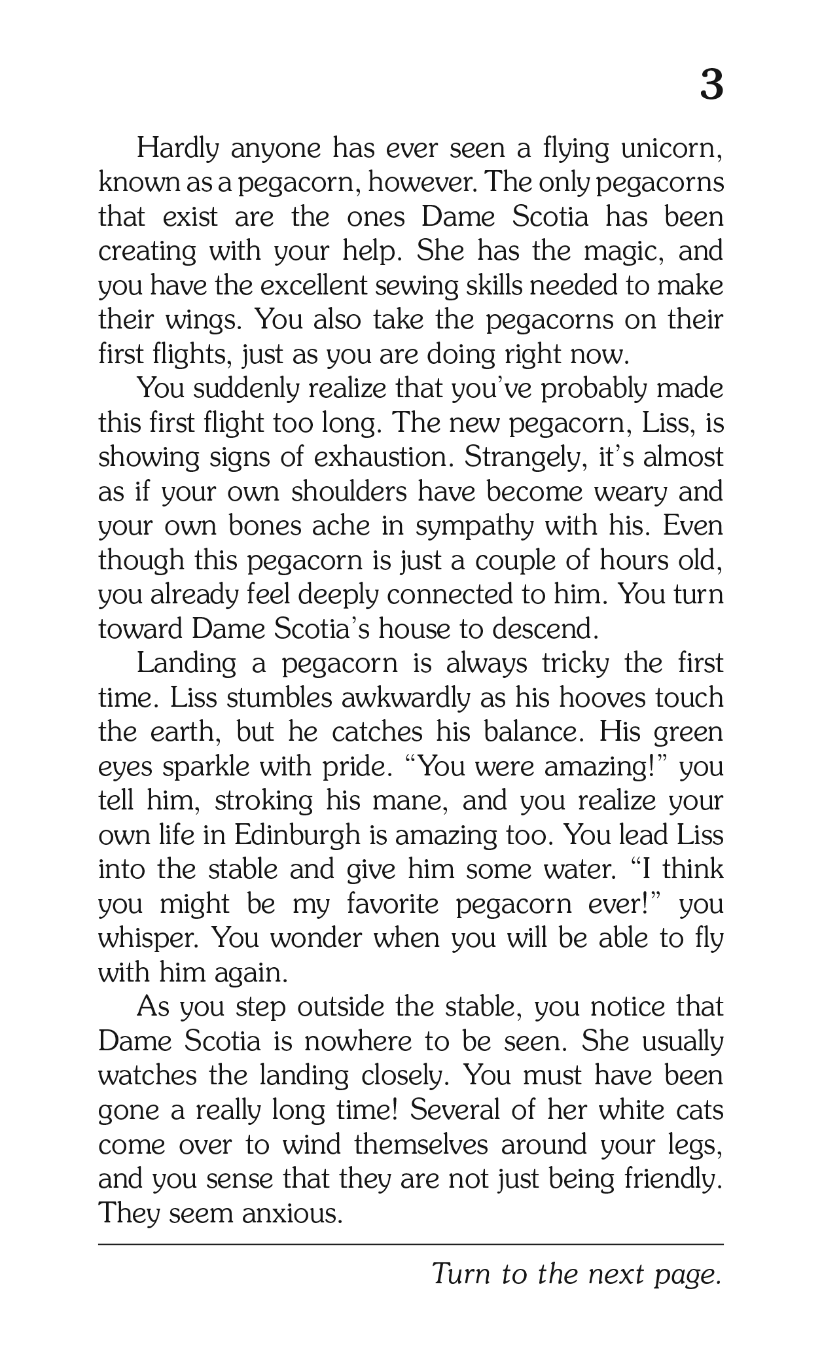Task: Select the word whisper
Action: pos(149,938)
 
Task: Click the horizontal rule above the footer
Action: pos(411,1244)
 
